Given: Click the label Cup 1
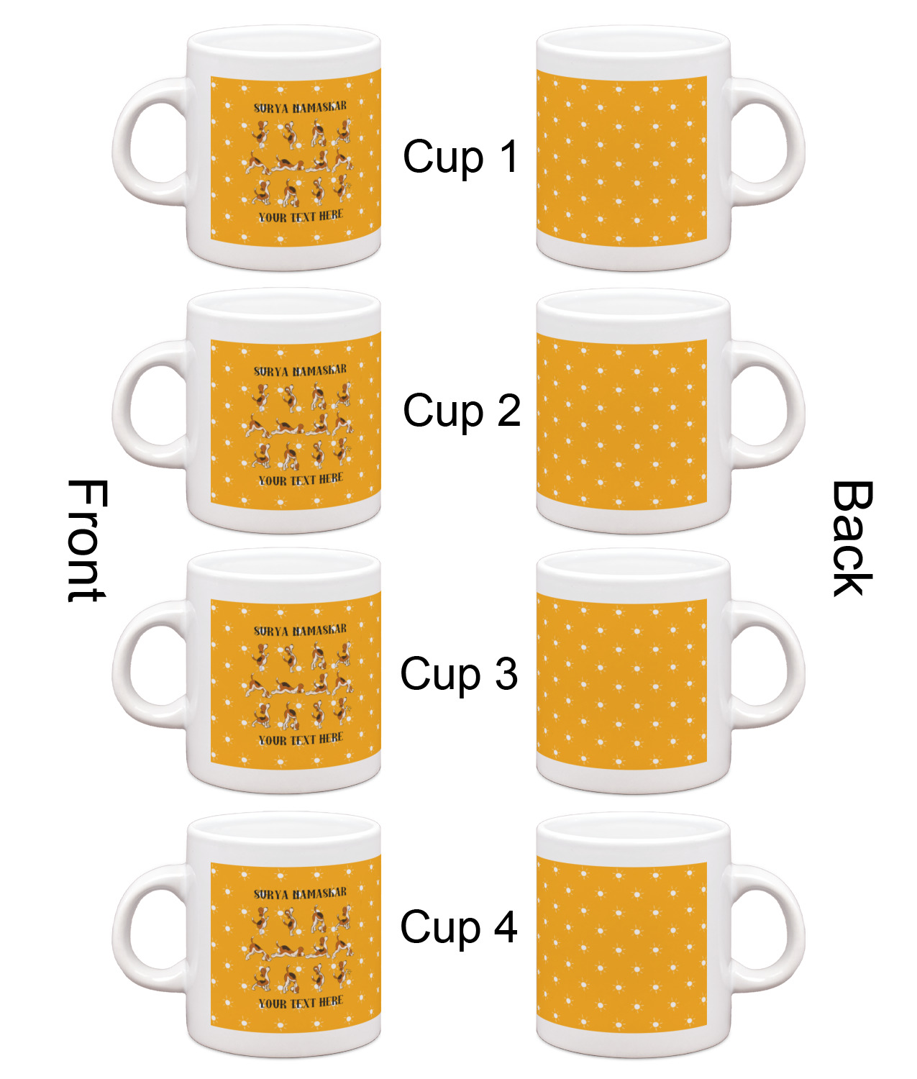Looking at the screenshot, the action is click(x=461, y=157).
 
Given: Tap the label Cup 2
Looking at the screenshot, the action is click(x=462, y=410).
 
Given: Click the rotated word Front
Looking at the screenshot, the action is click(x=87, y=540).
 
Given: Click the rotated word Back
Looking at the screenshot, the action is click(x=852, y=538).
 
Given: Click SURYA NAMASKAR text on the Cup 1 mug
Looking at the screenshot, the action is click(x=300, y=107).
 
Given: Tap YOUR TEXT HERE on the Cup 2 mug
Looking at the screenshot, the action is click(x=301, y=479).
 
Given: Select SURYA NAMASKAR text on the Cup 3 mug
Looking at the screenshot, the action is click(x=300, y=631).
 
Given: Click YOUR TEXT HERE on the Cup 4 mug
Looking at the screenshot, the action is click(x=301, y=1002).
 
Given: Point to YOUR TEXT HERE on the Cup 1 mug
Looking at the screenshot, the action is click(x=301, y=216).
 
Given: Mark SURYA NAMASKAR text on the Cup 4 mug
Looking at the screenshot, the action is click(x=300, y=893).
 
